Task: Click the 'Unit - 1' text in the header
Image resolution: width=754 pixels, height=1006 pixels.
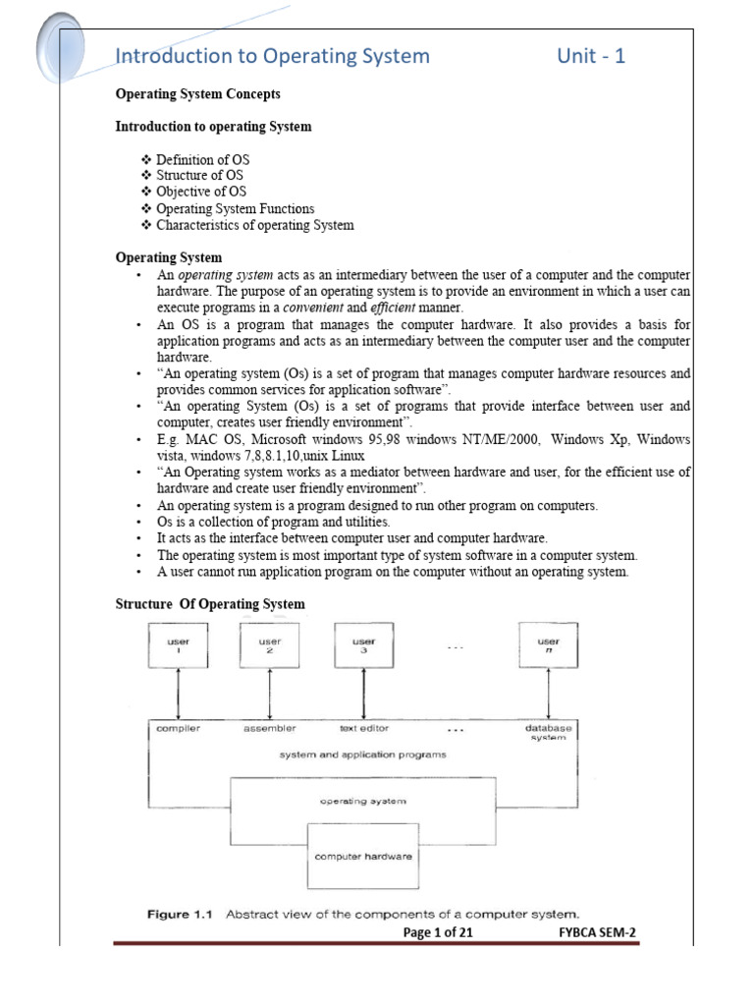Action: pos(591,56)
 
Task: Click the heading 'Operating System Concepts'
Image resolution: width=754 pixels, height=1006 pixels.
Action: pos(198,94)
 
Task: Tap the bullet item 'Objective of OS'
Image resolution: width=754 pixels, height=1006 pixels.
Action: pos(201,192)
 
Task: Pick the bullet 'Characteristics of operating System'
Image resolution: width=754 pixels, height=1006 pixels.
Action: pos(254,225)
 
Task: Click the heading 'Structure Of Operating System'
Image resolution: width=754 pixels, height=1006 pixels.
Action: pos(210,604)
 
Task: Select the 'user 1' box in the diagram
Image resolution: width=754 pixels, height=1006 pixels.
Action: pos(178,645)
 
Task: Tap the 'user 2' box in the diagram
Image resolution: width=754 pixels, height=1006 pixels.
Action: pos(269,645)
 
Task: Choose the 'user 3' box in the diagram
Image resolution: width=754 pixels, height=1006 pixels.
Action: pos(363,645)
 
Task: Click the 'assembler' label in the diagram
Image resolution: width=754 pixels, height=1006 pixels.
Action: pos(269,728)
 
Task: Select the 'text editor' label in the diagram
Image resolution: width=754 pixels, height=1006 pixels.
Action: pos(363,728)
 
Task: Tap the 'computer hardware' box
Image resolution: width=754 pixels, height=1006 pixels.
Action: pos(363,857)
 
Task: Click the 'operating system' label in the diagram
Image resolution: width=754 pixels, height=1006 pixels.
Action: pos(363,802)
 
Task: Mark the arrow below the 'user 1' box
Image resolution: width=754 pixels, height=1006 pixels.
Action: pos(178,694)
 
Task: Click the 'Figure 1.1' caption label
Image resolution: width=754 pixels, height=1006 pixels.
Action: pos(182,914)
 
